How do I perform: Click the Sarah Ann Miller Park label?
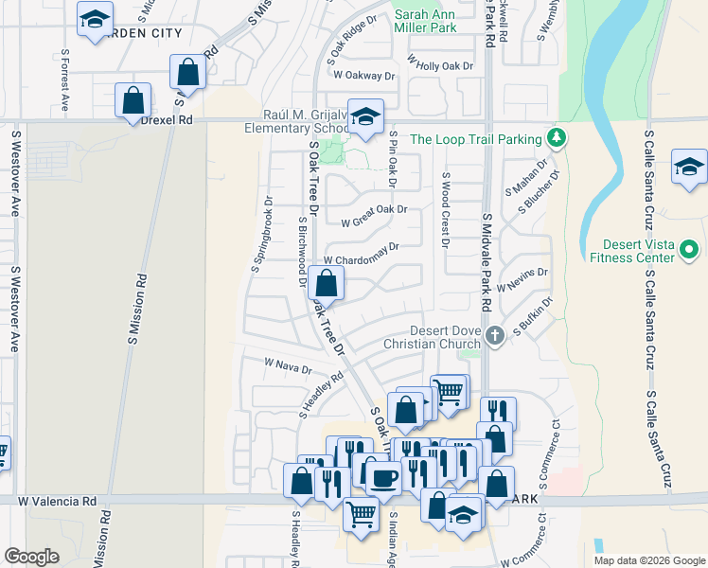click(438, 20)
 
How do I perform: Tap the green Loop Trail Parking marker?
click(557, 138)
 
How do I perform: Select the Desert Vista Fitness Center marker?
click(689, 250)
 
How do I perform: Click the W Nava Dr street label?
click(288, 364)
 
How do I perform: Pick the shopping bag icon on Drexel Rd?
click(133, 99)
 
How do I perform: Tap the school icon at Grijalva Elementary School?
click(365, 116)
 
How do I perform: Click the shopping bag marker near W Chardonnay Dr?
click(326, 283)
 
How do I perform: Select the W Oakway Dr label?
click(362, 76)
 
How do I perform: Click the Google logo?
click(32, 557)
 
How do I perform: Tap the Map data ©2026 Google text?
click(648, 560)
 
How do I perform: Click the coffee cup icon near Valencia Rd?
click(383, 478)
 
